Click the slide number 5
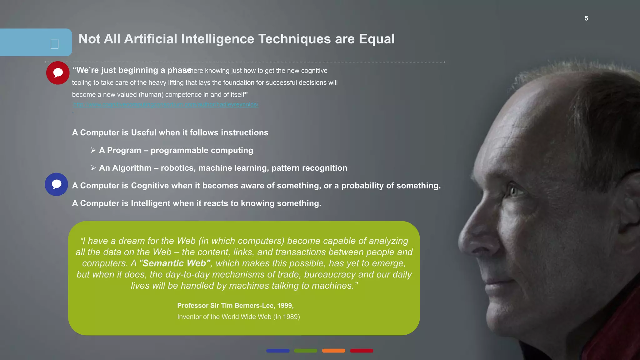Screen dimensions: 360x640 coord(586,18)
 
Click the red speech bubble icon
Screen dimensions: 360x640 coord(58,73)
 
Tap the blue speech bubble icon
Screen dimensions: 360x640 coord(57,184)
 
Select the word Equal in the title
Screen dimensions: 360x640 coord(377,39)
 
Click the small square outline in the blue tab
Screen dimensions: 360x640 coord(54,44)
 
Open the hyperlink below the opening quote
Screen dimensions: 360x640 coord(166,105)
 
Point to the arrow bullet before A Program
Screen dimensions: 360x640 coord(93,150)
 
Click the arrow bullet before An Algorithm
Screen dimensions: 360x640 coord(93,168)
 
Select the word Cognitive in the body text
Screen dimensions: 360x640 coord(150,186)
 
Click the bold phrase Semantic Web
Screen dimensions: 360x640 coord(175,263)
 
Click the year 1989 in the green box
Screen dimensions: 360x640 coord(290,317)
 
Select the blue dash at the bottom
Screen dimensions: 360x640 coord(278,351)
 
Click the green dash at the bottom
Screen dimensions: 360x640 coord(306,351)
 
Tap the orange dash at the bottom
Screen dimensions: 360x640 coord(333,351)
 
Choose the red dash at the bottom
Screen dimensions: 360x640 coord(362,351)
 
